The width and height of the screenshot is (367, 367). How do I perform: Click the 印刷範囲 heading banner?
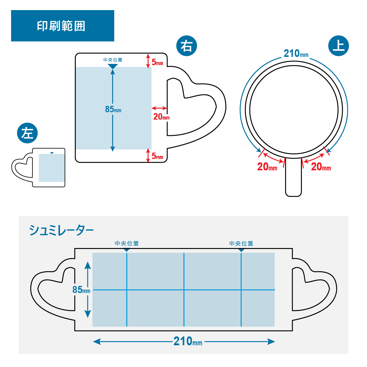[x=62, y=26]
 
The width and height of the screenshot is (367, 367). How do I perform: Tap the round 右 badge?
[x=187, y=46]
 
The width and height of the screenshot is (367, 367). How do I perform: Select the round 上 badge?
[x=339, y=46]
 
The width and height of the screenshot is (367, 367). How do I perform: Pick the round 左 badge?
[x=27, y=133]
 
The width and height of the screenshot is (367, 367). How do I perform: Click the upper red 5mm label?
[x=158, y=63]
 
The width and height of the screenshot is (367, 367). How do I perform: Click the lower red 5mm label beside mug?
[x=158, y=157]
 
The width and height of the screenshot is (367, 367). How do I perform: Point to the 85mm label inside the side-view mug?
[x=113, y=109]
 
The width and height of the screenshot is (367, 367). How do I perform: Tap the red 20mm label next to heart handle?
[x=161, y=117]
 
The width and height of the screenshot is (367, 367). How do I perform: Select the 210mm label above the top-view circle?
[x=296, y=54]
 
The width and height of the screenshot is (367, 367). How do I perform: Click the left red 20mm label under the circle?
[x=267, y=167]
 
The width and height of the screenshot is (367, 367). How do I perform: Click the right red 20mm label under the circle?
[x=321, y=167]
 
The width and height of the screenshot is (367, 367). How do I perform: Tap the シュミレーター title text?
[x=61, y=230]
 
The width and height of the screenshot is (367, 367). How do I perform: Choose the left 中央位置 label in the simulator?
[x=127, y=243]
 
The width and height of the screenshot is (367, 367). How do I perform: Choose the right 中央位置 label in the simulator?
[x=241, y=243]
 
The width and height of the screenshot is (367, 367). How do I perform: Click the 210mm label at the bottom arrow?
[x=187, y=341]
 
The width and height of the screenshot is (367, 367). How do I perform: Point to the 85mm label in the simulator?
[x=81, y=290]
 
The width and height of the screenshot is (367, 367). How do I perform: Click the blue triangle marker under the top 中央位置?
[x=113, y=66]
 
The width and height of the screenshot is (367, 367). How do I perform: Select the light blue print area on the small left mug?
[x=51, y=168]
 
